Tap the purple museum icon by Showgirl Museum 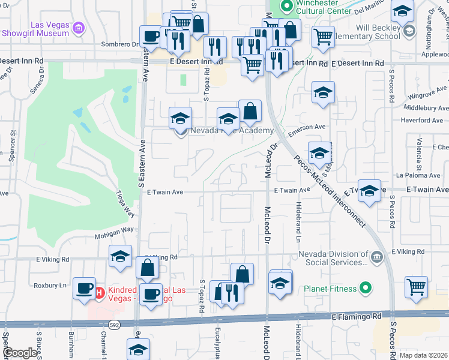(x=79, y=28)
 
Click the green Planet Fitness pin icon (x=364, y=289)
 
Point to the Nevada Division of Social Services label (x=333, y=258)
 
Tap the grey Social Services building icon (x=376, y=257)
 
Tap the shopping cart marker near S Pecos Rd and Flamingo (x=416, y=287)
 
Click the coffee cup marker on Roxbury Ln (x=84, y=287)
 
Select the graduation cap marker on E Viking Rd (x=120, y=256)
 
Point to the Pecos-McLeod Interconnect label (x=330, y=191)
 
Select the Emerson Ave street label (x=307, y=127)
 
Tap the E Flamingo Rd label (x=357, y=316)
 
